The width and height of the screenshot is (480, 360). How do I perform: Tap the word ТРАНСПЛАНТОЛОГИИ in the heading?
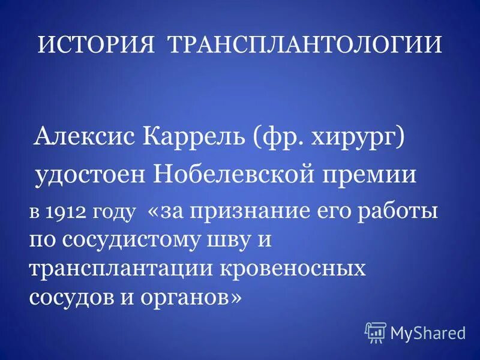pos(304,46)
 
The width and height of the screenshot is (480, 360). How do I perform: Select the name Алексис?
pos(85,137)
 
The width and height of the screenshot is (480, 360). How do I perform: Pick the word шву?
pos(232,241)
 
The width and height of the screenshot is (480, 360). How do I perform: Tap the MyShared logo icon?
pos(375,331)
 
